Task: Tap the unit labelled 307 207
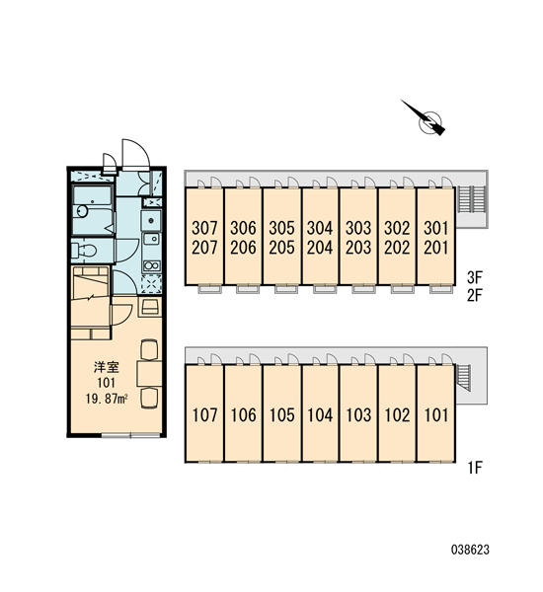pos(204,236)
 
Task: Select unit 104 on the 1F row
pos(321,413)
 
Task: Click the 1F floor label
pos(475,468)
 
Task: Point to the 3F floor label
pos(475,277)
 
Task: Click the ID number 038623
pos(470,550)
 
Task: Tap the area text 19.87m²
pos(107,399)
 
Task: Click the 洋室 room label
pos(107,367)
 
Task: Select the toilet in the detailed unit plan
pos(84,250)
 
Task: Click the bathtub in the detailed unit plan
pos(92,210)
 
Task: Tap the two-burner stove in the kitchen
pos(151,265)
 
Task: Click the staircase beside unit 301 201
pos(471,199)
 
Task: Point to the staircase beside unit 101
pos(464,378)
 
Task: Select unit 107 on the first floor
pos(204,413)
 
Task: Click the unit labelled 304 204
pos(321,236)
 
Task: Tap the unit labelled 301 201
pos(435,236)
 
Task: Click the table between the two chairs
pos(150,373)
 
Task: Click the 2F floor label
pos(475,295)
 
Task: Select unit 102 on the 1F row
pos(397,413)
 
